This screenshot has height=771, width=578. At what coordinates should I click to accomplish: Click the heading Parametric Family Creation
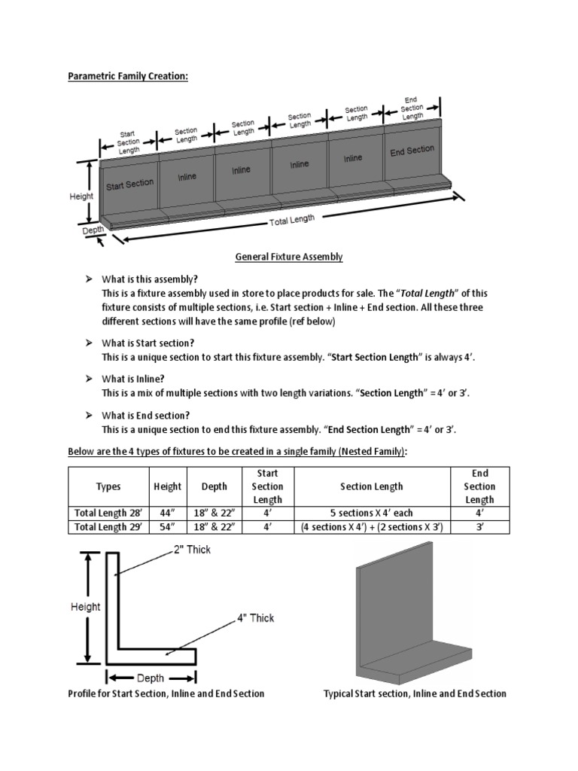pos(128,78)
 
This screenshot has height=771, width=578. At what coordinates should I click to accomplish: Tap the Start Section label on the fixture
pos(129,184)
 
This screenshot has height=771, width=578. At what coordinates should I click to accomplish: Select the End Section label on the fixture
pos(412,151)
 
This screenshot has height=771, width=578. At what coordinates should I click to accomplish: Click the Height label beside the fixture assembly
pos(81,196)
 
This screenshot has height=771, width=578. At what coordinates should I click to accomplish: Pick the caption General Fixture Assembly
pos(289,257)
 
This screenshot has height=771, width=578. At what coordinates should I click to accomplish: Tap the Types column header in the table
pos(108,486)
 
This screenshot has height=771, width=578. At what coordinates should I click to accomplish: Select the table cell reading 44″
pos(167,513)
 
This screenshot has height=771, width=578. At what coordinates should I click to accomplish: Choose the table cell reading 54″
pos(167,527)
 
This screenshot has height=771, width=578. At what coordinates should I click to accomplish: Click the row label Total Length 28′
pos(108,513)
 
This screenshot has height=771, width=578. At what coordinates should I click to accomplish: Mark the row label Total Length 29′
pos(108,527)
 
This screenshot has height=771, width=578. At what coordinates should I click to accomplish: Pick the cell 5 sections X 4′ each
pos(372,513)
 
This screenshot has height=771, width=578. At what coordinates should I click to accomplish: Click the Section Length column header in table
pos(372,486)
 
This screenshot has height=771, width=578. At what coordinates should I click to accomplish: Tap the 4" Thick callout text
pos(256,618)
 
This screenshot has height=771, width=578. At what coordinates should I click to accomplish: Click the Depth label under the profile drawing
pos(151,678)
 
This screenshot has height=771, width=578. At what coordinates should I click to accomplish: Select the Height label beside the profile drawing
pos(85,606)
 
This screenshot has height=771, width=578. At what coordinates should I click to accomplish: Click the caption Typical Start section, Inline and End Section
pos(415,693)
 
